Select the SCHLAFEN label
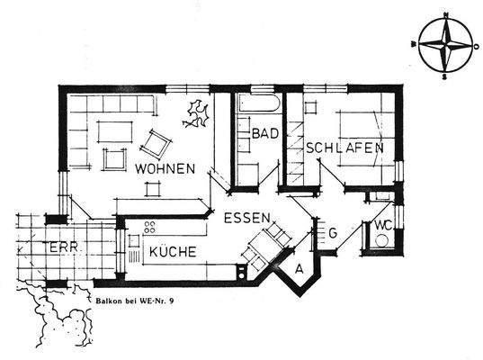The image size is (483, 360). click(x=344, y=148)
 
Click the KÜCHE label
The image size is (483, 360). click(x=173, y=252)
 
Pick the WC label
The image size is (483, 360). click(x=382, y=223)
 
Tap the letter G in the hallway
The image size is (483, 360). click(x=333, y=234)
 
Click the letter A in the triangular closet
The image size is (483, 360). click(x=299, y=268)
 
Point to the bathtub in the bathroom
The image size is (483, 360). click(x=258, y=103)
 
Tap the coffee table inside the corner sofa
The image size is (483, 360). click(x=113, y=131)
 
